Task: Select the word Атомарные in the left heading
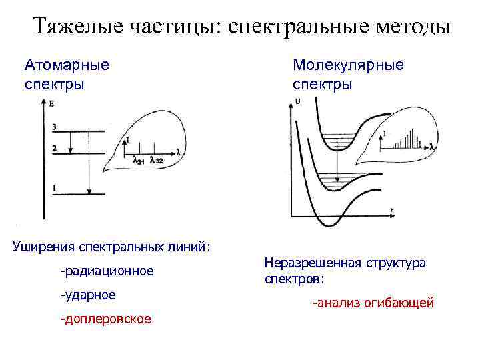pyautogui.click(x=67, y=65)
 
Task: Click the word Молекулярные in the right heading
pyautogui.click(x=348, y=65)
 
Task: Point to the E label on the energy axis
pyautogui.click(x=51, y=103)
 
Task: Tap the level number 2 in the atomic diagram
pyautogui.click(x=53, y=148)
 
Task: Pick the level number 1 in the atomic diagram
pyautogui.click(x=53, y=188)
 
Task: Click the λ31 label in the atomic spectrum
pyautogui.click(x=139, y=159)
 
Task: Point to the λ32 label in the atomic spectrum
pyautogui.click(x=155, y=159)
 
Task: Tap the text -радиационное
pyautogui.click(x=107, y=271)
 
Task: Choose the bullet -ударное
pyautogui.click(x=88, y=295)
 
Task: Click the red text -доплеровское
pyautogui.click(x=106, y=319)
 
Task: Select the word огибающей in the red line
pyautogui.click(x=398, y=303)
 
